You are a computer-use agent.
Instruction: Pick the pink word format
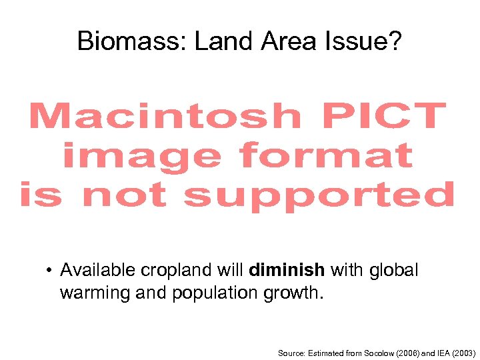pyautogui.click(x=326, y=156)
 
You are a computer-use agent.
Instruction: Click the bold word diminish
pyautogui.click(x=287, y=270)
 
